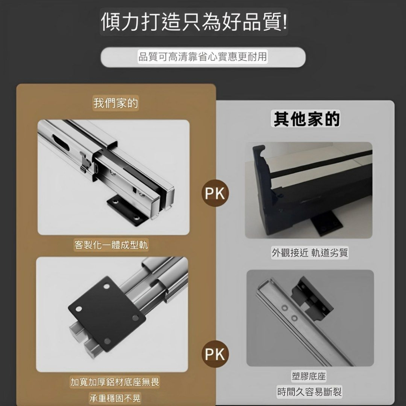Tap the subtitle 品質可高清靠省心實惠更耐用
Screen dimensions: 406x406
(203, 57)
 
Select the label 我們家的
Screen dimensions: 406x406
(116, 103)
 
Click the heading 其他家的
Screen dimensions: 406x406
(306, 119)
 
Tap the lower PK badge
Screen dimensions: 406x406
(215, 354)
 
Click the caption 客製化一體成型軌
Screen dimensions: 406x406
(111, 245)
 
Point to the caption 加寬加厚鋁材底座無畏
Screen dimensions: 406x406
(115, 382)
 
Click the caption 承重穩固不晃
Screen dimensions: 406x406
(115, 398)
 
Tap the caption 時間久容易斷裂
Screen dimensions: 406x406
(309, 392)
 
